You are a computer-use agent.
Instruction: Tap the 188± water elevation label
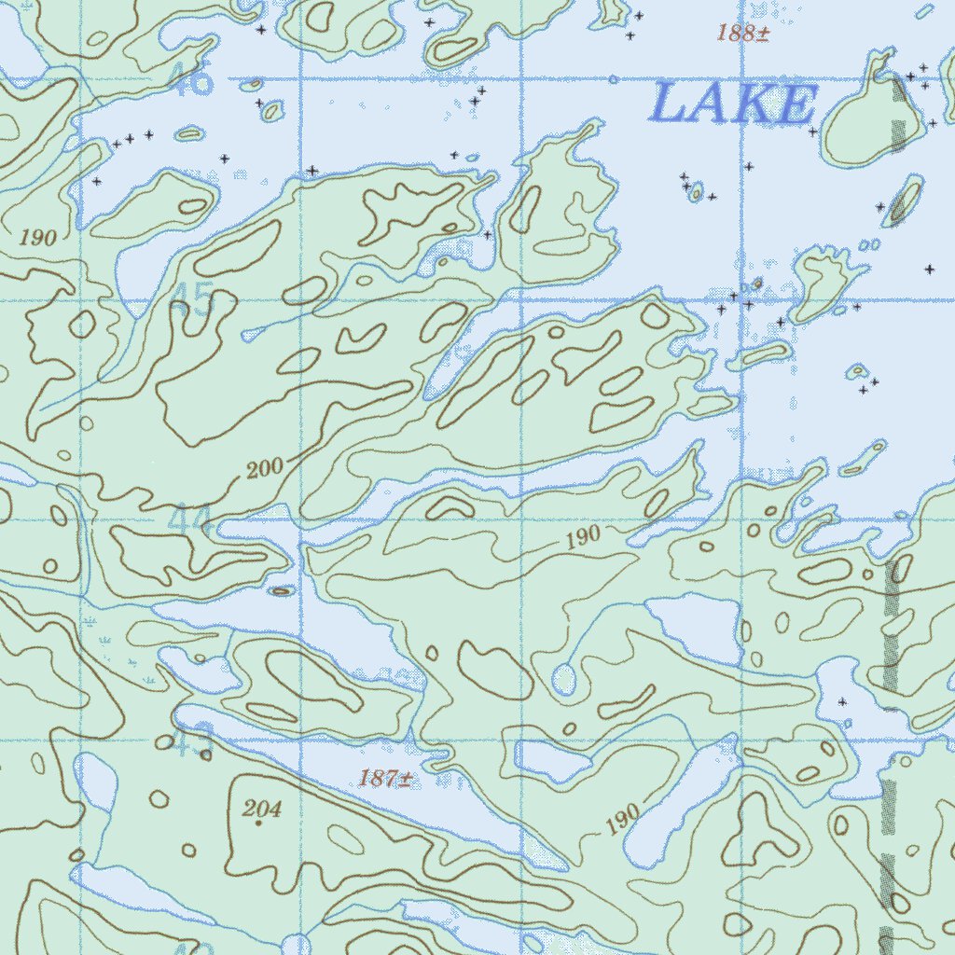click(743, 35)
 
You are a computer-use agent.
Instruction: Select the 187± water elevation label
click(386, 779)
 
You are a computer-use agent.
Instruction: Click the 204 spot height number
click(262, 809)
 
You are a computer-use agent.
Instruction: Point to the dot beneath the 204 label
click(258, 824)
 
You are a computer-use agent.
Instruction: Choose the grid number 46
click(193, 81)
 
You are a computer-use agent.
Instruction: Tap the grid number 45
click(193, 301)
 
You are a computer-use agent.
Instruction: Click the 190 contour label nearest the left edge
click(38, 238)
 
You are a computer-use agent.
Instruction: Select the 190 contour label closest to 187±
click(623, 818)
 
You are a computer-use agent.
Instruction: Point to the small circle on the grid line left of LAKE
click(613, 80)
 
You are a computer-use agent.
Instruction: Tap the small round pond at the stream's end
click(563, 679)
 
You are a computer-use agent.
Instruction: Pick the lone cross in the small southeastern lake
click(843, 700)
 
